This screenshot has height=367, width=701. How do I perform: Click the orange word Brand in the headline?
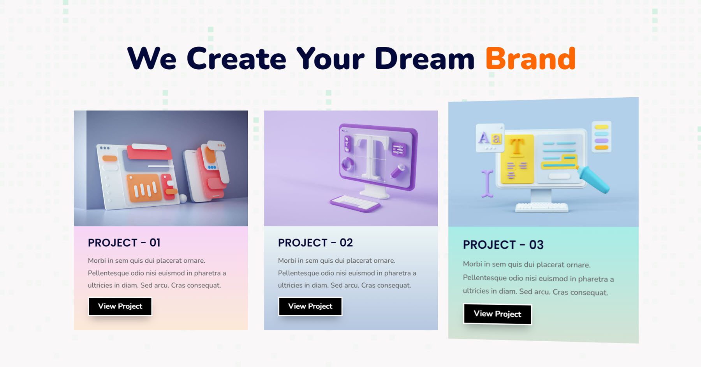pyautogui.click(x=530, y=59)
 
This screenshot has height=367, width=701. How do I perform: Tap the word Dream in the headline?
pyautogui.click(x=424, y=59)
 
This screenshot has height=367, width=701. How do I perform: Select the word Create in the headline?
pyautogui.click(x=236, y=59)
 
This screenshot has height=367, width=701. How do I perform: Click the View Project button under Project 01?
pyautogui.click(x=120, y=306)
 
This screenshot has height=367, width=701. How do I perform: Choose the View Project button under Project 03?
pyautogui.click(x=497, y=314)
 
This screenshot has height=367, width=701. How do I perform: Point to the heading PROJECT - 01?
pyautogui.click(x=124, y=243)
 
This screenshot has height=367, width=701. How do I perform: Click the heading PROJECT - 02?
pyautogui.click(x=315, y=243)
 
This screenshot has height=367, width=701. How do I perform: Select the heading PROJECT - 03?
pyautogui.click(x=503, y=245)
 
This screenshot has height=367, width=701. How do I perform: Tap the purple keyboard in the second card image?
pyautogui.click(x=355, y=203)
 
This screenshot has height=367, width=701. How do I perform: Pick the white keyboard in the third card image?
pyautogui.click(x=542, y=207)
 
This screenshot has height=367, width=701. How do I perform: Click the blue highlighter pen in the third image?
pyautogui.click(x=593, y=179)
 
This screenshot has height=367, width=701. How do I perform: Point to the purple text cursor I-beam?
pyautogui.click(x=487, y=183)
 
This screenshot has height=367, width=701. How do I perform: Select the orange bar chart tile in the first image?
pyautogui.click(x=144, y=188)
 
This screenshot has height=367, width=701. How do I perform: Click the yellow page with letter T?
pyautogui.click(x=517, y=159)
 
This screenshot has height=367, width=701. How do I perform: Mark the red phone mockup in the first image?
pyautogui.click(x=213, y=171)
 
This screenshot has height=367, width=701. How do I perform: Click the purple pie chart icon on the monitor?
pyautogui.click(x=348, y=163)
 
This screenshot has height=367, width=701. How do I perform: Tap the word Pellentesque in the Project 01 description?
pyautogui.click(x=111, y=273)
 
